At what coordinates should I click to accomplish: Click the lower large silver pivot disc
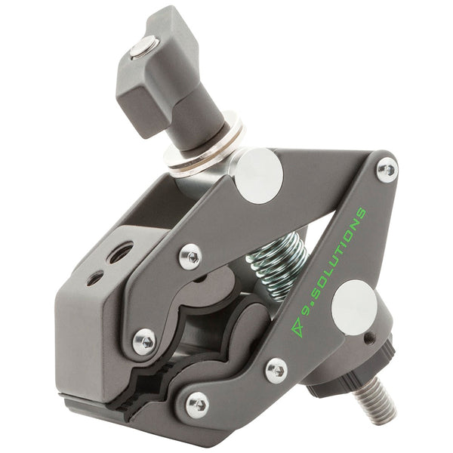354,304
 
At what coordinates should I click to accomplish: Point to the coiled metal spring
277,265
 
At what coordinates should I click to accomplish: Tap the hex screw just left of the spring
190,256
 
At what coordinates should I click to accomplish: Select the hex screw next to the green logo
276,370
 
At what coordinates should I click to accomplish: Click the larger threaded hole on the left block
119,252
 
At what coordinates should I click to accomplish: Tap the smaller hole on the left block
95,278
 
